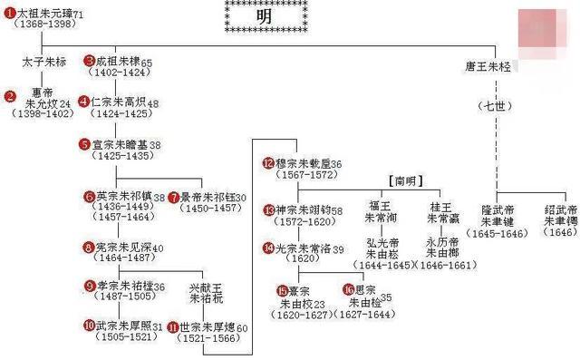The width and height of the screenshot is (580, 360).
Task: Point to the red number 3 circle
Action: click(89, 62)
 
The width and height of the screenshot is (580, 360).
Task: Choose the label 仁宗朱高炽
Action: click(123, 102)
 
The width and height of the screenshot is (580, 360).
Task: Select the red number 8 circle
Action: click(89, 247)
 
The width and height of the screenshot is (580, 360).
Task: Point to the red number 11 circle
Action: click(173, 326)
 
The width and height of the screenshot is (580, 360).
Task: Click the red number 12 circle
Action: click(267, 164)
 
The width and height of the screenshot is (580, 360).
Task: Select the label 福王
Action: click(378, 205)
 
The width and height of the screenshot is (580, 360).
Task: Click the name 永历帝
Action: click(443, 243)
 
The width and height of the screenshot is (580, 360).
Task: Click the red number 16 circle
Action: click(349, 289)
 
